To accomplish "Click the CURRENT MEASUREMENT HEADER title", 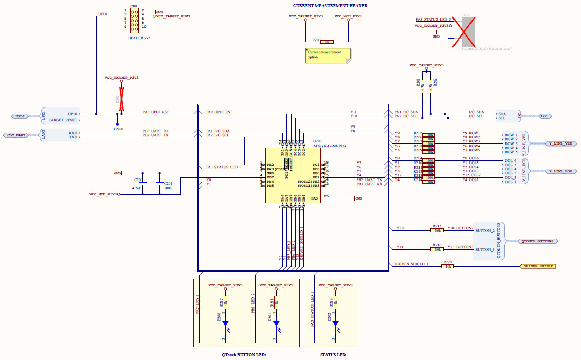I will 330,6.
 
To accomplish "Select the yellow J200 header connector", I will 134,19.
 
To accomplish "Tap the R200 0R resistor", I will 326,42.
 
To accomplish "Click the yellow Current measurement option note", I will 327,55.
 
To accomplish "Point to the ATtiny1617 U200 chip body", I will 294,175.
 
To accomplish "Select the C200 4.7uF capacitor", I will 143,183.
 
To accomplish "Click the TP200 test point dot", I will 117,124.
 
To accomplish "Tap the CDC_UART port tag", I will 17,135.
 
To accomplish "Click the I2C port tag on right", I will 543,116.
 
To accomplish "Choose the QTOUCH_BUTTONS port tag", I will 537,241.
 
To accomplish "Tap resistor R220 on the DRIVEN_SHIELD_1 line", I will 448,266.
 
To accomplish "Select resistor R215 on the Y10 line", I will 437,230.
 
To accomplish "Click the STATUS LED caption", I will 333,355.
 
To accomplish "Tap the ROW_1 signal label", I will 511,135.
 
